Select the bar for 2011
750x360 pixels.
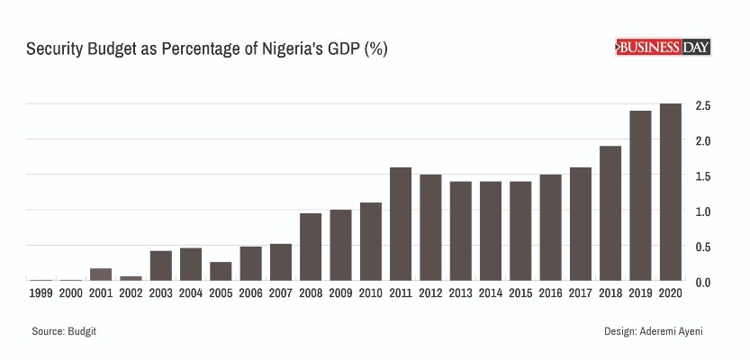tap(401, 223)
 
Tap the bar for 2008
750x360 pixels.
tap(311, 247)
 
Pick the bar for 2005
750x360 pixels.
tap(221, 271)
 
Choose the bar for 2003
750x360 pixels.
tap(161, 265)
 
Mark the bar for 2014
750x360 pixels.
tap(491, 230)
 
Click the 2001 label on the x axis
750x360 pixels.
tap(101, 292)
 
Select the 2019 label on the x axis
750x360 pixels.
tap(640, 292)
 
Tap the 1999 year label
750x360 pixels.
tap(41, 292)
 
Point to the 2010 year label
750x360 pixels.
tap(370, 292)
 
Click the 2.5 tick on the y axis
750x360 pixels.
tap(703, 106)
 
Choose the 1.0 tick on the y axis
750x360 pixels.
tap(703, 211)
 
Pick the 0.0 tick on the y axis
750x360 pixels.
tap(703, 282)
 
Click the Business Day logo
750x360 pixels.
tap(663, 48)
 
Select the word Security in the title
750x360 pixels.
tap(53, 49)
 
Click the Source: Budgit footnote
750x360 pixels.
tap(64, 332)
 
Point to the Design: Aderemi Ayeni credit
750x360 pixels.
tap(654, 332)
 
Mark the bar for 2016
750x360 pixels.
tap(550, 227)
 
